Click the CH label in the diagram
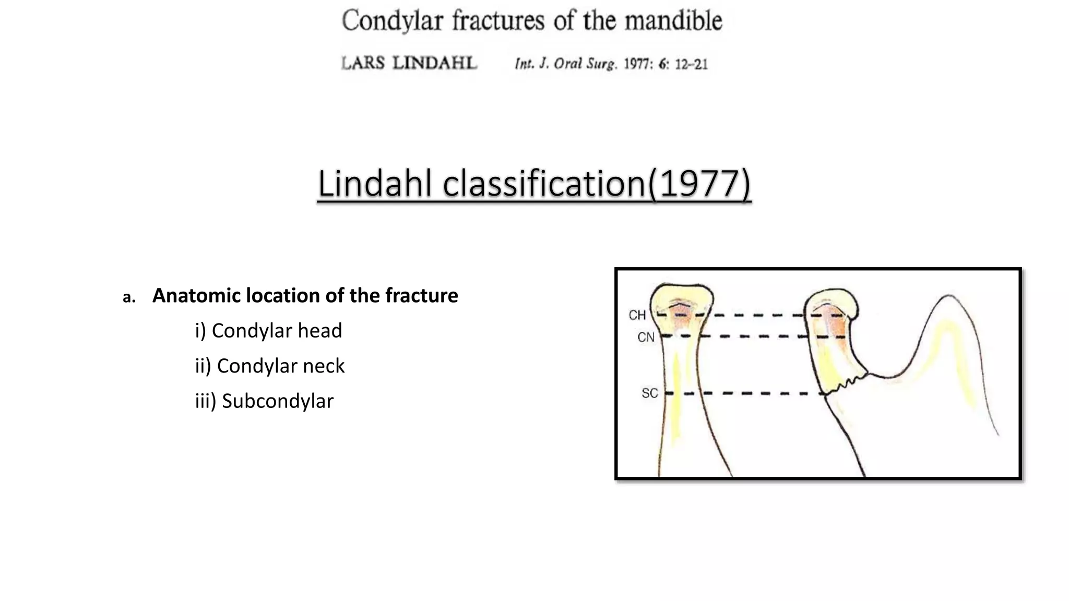click(x=637, y=315)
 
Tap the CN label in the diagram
click(x=646, y=338)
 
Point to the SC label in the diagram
click(x=649, y=393)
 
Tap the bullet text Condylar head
click(x=277, y=331)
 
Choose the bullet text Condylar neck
click(x=280, y=366)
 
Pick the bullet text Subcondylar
click(x=277, y=401)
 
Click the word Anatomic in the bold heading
click(x=196, y=296)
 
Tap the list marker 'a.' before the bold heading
click(x=129, y=297)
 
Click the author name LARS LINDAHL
click(x=409, y=63)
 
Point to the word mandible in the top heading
click(x=673, y=21)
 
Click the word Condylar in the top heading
click(x=392, y=21)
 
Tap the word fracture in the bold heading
click(x=421, y=296)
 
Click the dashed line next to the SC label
click(x=746, y=393)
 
